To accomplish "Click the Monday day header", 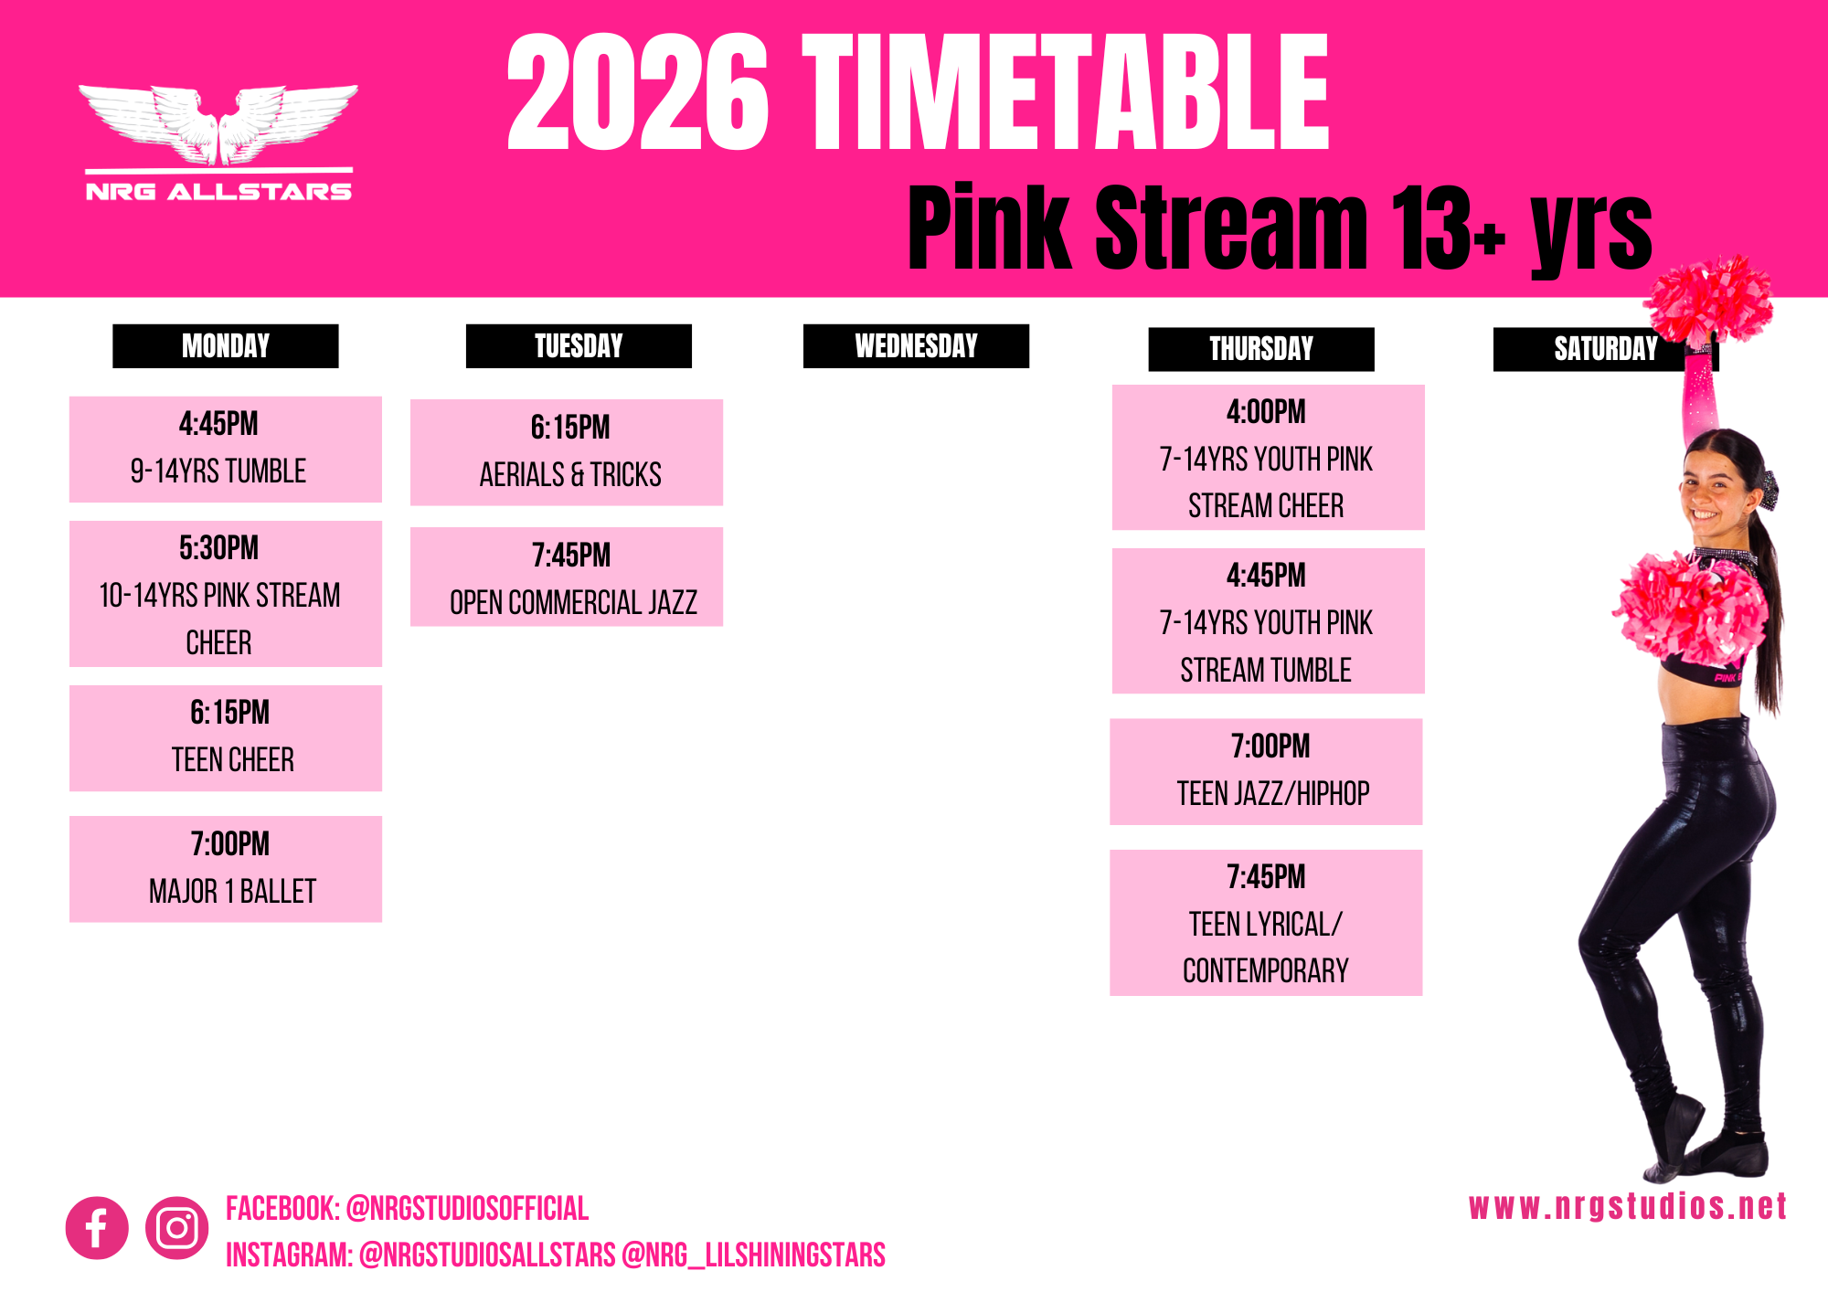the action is [x=226, y=346].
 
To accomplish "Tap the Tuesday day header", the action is [x=579, y=346].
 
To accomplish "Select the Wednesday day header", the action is [x=916, y=346].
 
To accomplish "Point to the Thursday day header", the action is [x=1261, y=349].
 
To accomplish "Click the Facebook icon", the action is [x=97, y=1228].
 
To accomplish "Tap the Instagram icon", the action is [x=176, y=1228].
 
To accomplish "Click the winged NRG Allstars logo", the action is [x=218, y=143].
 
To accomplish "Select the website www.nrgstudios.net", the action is [x=1628, y=1207].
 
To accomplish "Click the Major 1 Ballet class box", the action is [x=226, y=869].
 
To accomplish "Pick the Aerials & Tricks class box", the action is [x=567, y=452].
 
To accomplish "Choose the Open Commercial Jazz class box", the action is [x=567, y=577].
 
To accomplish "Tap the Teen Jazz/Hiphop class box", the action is [x=1266, y=772].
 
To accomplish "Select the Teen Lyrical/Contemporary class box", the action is [x=1266, y=923].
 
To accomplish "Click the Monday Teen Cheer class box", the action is [x=226, y=738].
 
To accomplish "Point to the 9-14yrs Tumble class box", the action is [x=226, y=450].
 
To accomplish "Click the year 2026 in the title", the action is [x=638, y=92].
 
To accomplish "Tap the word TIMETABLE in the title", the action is [x=1066, y=92].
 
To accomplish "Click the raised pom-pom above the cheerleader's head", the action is [x=1707, y=300].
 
